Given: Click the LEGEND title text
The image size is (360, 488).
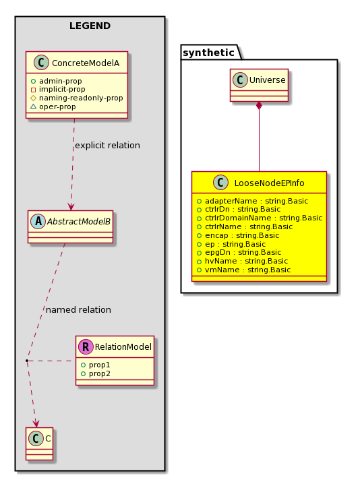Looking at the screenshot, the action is [x=90, y=26].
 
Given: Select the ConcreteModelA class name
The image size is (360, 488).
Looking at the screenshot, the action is [x=86, y=63].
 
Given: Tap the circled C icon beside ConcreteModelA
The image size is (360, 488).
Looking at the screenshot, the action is [x=41, y=62].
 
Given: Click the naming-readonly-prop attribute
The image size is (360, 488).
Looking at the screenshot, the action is [x=81, y=98].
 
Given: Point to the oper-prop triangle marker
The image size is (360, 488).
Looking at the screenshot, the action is [x=33, y=106].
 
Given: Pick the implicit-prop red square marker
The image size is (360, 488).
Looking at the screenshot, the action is [x=33, y=90].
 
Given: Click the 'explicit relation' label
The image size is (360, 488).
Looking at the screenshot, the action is [x=107, y=146].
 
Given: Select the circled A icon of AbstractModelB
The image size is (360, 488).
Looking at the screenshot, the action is [x=38, y=221].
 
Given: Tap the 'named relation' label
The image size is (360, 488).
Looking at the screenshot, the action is [x=78, y=309].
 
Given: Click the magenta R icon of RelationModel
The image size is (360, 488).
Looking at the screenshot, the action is [x=86, y=346].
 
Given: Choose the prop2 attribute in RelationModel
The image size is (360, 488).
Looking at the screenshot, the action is [x=100, y=373].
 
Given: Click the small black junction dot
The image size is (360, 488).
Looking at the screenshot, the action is [x=27, y=361].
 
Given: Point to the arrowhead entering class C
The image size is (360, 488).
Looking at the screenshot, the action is [x=36, y=423].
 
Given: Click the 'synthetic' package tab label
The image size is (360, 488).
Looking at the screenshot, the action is [x=208, y=53].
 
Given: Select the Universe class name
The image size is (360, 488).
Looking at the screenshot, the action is [x=267, y=80].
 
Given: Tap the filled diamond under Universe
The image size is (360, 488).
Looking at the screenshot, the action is [x=259, y=106].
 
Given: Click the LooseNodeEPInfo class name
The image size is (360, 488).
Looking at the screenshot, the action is [x=269, y=183].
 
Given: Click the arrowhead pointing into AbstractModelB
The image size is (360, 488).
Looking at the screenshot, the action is [x=71, y=207].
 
